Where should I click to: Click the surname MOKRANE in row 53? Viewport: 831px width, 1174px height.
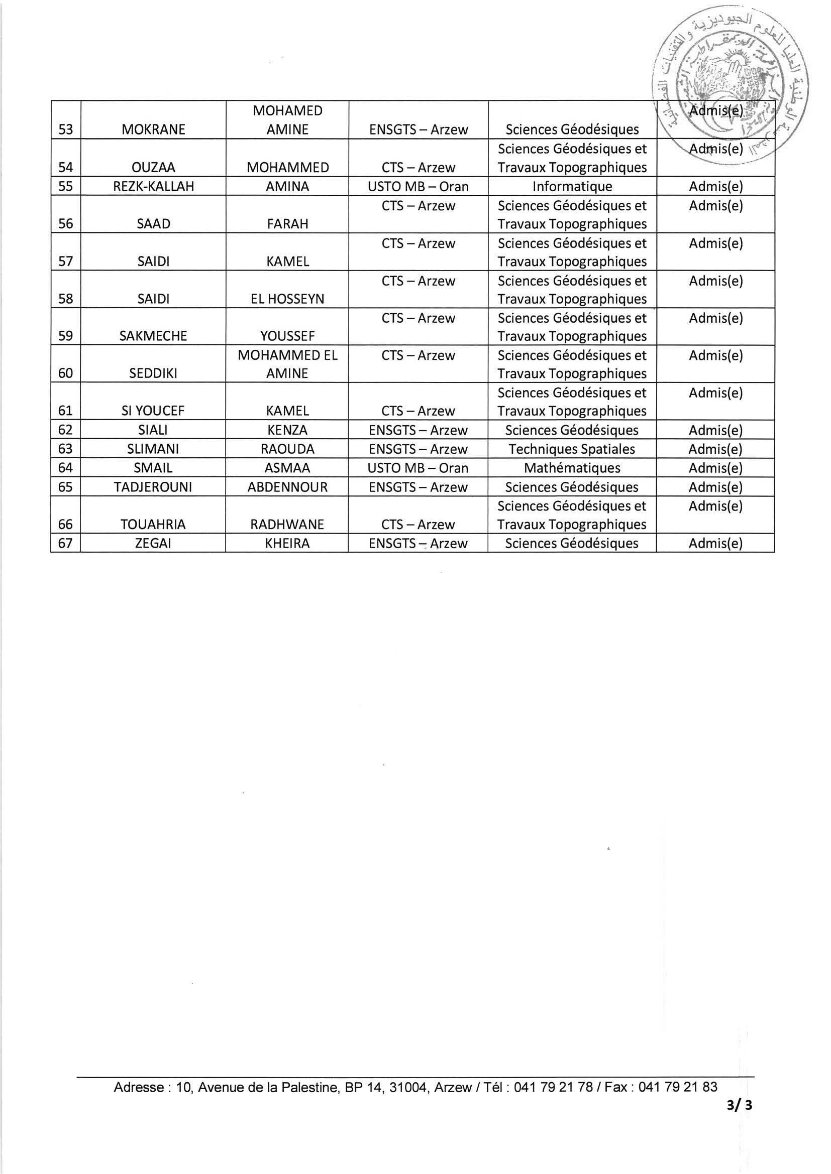[x=153, y=129]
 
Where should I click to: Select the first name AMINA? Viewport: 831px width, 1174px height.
[x=287, y=187]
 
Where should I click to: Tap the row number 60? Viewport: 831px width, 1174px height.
[x=65, y=373]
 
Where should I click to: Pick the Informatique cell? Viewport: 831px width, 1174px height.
[x=572, y=187]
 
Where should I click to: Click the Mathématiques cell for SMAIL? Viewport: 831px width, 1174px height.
[x=572, y=468]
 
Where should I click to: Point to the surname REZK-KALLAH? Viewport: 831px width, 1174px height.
[x=153, y=187]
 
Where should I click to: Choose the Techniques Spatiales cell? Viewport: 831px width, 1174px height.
[x=572, y=449]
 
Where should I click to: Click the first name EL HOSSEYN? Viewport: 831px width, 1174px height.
[x=287, y=299]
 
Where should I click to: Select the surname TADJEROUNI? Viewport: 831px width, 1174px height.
[x=153, y=487]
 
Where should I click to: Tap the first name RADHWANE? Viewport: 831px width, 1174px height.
[x=287, y=525]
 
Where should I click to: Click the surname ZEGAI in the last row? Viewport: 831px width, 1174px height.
[x=153, y=544]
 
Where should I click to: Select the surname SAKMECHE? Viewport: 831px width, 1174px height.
[x=153, y=336]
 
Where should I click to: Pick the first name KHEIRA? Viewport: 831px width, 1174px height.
[x=287, y=544]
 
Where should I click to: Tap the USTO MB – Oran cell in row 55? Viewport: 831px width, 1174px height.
[x=418, y=187]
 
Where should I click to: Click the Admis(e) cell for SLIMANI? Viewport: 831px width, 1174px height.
[x=715, y=449]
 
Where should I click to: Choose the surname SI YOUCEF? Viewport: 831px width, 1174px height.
[x=153, y=411]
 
